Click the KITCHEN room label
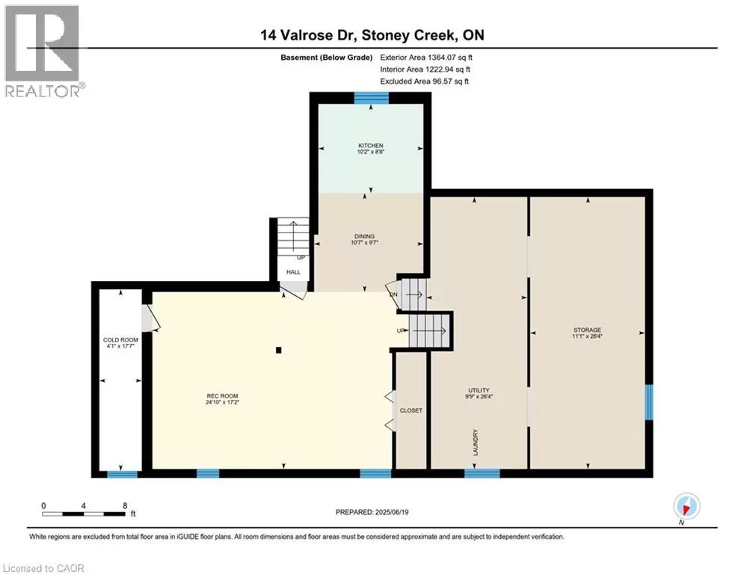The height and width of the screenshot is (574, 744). point(371,146)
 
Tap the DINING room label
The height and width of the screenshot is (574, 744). point(364,236)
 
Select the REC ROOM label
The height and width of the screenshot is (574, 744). point(222,396)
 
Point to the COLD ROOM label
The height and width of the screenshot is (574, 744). point(120,340)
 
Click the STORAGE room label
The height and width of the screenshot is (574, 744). point(588,330)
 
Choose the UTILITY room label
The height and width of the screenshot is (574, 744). point(479,390)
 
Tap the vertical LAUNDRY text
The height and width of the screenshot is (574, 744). point(476,442)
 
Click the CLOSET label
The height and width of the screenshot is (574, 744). point(411,410)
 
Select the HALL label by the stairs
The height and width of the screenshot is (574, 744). point(293,272)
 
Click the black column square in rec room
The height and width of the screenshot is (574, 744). point(279,350)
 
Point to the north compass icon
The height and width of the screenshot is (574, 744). point(686,507)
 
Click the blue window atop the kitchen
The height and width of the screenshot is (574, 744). point(372,98)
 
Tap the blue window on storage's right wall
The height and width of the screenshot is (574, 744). point(648,402)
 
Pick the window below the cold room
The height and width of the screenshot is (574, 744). point(122,474)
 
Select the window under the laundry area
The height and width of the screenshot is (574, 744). point(482,473)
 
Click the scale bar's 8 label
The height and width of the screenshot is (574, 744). point(125,506)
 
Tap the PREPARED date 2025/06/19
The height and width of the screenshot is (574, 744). point(392,512)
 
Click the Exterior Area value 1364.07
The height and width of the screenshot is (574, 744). point(443,58)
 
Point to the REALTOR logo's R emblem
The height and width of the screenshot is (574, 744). point(42,43)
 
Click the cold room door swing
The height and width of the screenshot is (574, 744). point(151,318)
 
